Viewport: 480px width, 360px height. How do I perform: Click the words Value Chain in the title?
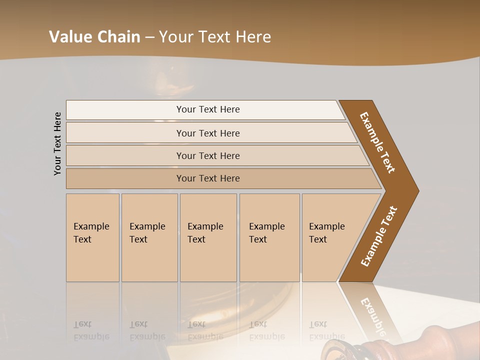[x=94, y=37]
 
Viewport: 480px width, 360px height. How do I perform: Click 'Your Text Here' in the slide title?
[x=215, y=37]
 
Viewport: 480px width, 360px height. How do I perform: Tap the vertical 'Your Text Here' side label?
[x=57, y=143]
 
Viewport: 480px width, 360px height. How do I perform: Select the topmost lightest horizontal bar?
[x=207, y=109]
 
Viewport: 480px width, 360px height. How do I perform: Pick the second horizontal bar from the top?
[x=207, y=133]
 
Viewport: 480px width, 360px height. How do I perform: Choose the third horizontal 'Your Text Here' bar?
[x=207, y=155]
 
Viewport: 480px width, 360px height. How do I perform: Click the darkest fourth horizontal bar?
[x=207, y=178]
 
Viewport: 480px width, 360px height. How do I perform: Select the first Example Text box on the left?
[x=92, y=237]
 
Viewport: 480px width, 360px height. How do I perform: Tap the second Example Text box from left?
[x=149, y=237]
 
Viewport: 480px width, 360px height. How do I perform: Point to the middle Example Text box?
[x=208, y=237]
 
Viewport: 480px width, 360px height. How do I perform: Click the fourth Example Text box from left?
[x=269, y=237]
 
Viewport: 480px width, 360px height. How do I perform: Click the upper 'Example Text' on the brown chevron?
[x=377, y=142]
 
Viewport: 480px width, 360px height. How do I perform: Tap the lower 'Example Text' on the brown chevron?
[x=378, y=236]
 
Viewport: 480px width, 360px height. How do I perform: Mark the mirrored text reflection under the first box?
[x=91, y=330]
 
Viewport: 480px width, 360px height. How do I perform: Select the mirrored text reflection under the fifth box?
[x=326, y=330]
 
